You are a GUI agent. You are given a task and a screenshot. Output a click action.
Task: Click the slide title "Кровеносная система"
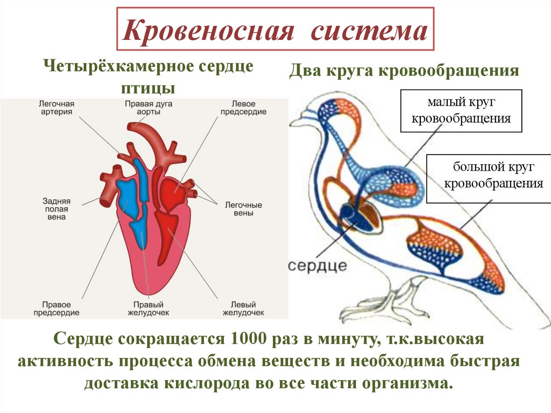pos(275,30)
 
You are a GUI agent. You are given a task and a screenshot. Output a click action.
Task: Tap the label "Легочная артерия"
pos(56,107)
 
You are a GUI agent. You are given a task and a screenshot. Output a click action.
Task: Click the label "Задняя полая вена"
pos(56,208)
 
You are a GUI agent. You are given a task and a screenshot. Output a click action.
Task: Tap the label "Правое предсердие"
pos(56,308)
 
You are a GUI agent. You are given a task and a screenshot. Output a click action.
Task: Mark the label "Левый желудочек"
pos(243,308)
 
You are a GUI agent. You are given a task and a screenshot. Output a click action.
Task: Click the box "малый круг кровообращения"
pos(461,111)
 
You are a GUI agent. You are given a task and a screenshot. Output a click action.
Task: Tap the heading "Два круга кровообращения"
pos(404,71)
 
